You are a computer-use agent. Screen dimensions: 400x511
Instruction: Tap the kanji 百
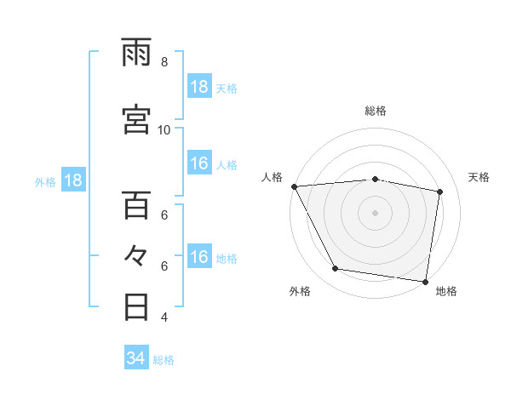point(136,205)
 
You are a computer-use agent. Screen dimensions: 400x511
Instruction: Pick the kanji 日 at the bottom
point(136,306)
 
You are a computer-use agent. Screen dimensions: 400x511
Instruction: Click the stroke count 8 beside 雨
point(164,62)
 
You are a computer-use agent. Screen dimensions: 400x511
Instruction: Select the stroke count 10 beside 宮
point(164,129)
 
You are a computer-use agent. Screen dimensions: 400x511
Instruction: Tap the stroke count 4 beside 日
point(164,317)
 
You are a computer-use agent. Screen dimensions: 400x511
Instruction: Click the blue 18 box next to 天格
point(199,88)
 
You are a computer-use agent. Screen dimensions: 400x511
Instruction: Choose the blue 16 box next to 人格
point(199,164)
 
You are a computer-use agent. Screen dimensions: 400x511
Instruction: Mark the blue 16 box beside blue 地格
point(199,257)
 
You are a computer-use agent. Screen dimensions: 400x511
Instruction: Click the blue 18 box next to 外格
point(73,180)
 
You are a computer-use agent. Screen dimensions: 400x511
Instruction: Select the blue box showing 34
point(136,358)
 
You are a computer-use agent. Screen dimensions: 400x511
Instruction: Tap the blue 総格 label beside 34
point(164,360)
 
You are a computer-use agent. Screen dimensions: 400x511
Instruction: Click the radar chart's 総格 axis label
point(376,111)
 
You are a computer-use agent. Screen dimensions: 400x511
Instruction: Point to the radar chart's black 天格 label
point(479,177)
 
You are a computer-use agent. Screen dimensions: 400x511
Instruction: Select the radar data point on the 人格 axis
point(294,186)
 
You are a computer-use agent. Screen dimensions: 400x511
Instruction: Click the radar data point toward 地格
point(426,281)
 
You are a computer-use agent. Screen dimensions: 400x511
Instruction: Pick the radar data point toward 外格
point(336,270)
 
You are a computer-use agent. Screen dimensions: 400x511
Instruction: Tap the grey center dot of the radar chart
point(376,212)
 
